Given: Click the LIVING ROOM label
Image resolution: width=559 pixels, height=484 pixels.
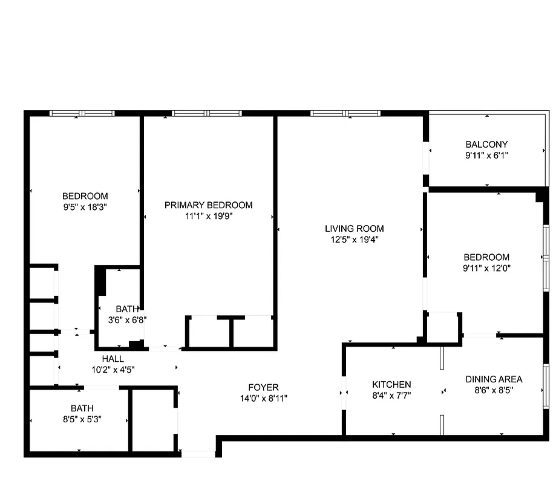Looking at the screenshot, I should coord(354,229).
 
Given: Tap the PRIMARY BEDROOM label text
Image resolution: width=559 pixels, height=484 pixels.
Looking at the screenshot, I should coord(208,205).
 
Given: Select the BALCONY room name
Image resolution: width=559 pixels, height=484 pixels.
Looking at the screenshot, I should coord(486,145).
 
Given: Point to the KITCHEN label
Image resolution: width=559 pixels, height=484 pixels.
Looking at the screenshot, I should coord(391,385).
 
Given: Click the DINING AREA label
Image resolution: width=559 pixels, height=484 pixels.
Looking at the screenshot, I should coord(494,379).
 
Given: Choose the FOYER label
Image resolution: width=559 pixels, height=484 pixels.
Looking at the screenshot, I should coord(263,388).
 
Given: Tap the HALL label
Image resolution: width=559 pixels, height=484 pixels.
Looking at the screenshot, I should coord(113,359).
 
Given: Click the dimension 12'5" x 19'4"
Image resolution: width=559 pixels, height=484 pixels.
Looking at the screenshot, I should coord(354,239).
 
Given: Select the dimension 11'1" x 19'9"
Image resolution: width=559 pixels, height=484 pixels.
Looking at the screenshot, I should coord(208,215).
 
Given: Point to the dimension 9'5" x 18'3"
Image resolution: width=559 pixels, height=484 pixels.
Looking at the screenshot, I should coord(85,206).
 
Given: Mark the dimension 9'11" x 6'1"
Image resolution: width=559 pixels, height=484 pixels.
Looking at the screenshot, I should coord(486,155).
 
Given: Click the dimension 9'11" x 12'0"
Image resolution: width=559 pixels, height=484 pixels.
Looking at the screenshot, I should coord(486,267).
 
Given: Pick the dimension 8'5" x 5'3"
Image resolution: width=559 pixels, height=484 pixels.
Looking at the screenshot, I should coord(82,419).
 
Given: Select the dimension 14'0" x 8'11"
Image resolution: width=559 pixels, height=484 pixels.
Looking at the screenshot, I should coord(263,398).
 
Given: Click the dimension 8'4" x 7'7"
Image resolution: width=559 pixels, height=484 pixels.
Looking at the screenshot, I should coord(391,395).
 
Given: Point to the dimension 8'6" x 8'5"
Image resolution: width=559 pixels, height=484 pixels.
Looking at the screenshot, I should coord(494,390).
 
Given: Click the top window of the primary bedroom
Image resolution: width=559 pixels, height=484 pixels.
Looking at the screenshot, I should coord(207,113).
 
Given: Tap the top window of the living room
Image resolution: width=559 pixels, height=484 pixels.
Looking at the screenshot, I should coord(345,113).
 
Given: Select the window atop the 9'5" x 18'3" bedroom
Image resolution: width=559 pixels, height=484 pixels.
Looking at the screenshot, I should coord(82,113).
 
